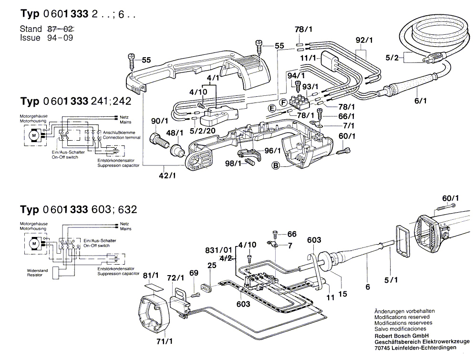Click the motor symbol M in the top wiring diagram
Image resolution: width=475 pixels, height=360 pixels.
tap(34, 135)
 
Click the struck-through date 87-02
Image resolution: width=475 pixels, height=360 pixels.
tap(62, 30)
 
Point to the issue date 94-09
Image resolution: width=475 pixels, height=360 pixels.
tap(62, 38)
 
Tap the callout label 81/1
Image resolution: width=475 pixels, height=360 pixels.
tap(151, 275)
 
